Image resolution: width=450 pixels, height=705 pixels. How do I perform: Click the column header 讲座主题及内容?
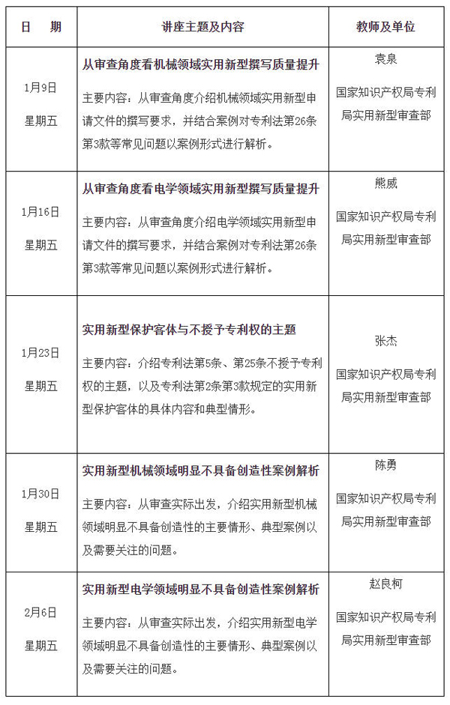pos(203,27)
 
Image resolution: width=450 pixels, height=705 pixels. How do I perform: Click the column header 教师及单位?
pos(385,27)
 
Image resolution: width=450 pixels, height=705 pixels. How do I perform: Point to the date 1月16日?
pos(40,212)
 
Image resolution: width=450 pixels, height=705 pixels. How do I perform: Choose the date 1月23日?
pos(40,353)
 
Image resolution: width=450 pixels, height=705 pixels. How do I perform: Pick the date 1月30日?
pos(40,494)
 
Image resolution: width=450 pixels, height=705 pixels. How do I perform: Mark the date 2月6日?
pos(40,612)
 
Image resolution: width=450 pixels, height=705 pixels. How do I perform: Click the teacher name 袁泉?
pos(385,57)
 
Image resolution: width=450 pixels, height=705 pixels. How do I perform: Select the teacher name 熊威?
pos(385,181)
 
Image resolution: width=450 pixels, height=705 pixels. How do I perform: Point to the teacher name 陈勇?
pos(385,465)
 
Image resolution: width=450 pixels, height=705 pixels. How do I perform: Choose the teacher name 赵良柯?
pos(385,584)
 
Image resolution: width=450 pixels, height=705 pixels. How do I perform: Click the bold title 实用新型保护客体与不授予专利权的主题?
pos(189,329)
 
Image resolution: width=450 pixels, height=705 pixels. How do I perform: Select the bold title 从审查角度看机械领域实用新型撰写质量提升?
pos(200,65)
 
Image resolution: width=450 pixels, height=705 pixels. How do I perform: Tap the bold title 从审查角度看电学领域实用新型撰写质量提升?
pos(200,190)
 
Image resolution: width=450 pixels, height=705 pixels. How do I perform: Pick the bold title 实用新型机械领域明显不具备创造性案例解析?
pos(200,471)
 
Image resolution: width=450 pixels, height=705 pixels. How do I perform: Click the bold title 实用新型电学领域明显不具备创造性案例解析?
pos(200,590)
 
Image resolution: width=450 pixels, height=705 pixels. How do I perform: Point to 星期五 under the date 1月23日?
pos(40,386)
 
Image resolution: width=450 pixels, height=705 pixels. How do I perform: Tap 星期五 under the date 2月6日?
pos(40,645)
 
